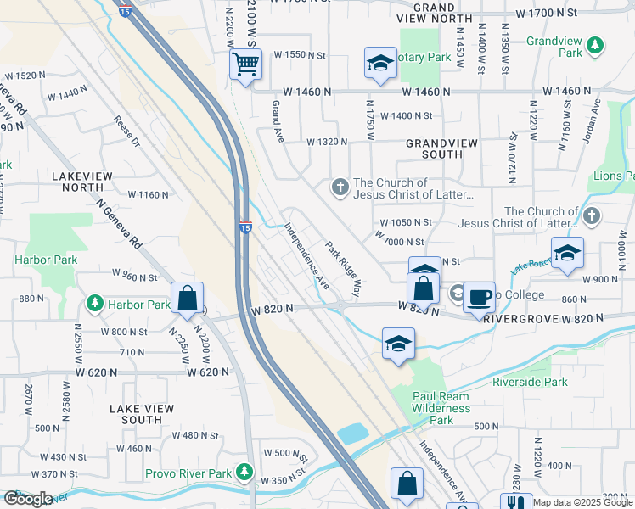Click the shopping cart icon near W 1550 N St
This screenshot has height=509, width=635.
point(245,64)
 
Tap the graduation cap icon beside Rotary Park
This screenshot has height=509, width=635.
point(381,63)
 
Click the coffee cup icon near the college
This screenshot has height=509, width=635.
point(480,297)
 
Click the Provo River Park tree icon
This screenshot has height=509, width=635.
point(245,471)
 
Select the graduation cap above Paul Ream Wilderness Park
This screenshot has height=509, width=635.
point(397,344)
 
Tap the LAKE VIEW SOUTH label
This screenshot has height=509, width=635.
point(142,414)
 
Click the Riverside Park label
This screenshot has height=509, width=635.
point(530,383)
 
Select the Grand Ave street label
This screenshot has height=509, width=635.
point(276,121)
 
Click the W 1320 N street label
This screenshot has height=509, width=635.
point(328,143)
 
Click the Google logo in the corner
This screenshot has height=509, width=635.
point(28,499)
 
